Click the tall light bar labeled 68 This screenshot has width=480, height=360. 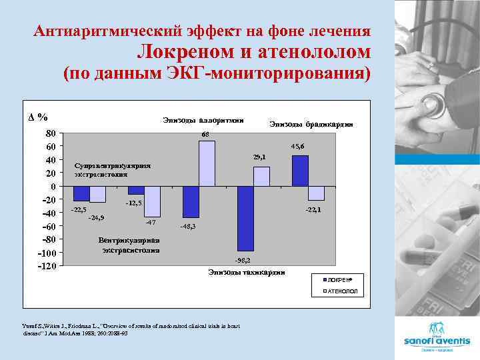(207, 163)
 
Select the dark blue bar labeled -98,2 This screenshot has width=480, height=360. (245, 219)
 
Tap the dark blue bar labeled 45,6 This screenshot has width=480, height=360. (300, 171)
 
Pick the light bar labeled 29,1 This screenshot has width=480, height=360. (261, 176)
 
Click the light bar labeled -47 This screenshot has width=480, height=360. (152, 201)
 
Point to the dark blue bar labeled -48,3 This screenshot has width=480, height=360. (191, 202)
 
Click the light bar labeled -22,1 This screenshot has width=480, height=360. (316, 193)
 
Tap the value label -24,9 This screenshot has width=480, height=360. (97, 217)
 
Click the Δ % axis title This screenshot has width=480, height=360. (38, 117)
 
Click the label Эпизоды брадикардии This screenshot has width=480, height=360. (311, 124)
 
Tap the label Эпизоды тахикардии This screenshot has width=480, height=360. (246, 272)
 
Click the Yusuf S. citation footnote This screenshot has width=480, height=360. (131, 329)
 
